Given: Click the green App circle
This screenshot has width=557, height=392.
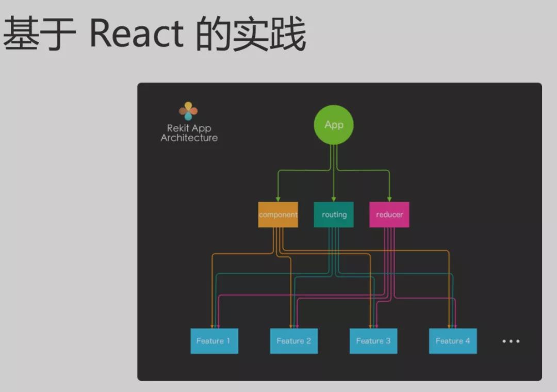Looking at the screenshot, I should click(x=334, y=125).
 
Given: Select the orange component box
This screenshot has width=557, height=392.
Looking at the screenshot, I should click(x=278, y=215).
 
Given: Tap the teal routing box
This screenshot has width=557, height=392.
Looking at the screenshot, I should click(x=334, y=215).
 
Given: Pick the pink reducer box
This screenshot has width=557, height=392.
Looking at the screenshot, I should click(x=389, y=215).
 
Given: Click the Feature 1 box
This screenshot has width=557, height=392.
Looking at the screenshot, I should click(x=214, y=341).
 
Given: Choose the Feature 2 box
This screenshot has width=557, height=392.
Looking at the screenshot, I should click(x=294, y=341).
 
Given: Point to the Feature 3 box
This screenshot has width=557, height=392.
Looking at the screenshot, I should click(x=373, y=341).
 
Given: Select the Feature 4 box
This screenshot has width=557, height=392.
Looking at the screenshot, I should click(x=453, y=341).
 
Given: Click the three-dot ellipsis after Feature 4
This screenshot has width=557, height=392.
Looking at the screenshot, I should click(x=511, y=341).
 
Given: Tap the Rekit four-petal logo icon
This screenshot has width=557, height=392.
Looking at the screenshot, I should click(x=188, y=111).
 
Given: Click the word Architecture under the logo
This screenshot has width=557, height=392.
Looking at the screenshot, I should click(x=189, y=138).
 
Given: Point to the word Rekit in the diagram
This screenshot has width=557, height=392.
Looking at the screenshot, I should click(x=178, y=128).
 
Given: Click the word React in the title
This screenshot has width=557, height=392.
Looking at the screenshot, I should click(x=137, y=35).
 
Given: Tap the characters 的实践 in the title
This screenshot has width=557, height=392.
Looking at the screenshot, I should click(x=251, y=35).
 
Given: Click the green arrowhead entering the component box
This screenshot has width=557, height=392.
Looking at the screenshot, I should click(x=278, y=199).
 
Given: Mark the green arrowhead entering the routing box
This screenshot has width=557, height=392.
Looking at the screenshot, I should click(x=334, y=199).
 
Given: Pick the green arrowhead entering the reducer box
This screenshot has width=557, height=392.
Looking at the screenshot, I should click(x=389, y=199).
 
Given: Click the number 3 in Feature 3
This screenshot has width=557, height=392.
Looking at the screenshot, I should click(x=388, y=341).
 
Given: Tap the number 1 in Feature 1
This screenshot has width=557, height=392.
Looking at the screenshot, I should click(x=227, y=341).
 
